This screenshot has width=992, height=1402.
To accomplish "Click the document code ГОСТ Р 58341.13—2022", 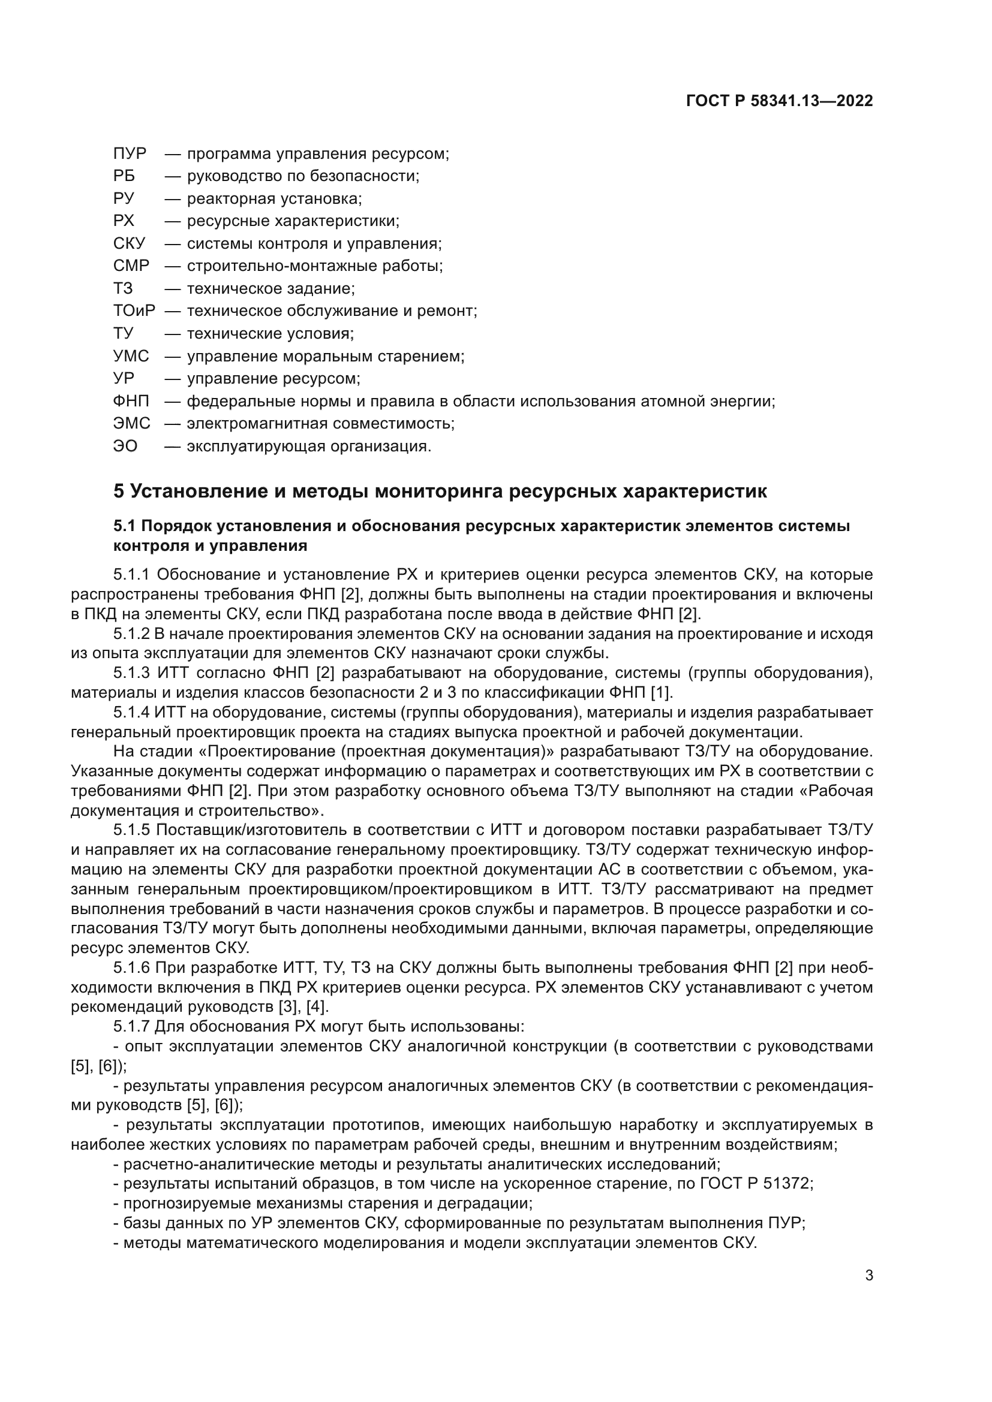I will tap(780, 101).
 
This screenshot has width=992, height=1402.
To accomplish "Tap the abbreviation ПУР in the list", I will tap(130, 153).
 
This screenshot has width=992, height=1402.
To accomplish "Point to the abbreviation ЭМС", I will tap(131, 424).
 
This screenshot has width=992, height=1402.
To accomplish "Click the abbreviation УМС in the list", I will tap(131, 356).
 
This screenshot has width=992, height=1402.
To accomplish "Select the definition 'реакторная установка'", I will tap(274, 198).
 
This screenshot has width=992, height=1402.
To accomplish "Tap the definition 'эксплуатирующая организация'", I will tap(308, 447).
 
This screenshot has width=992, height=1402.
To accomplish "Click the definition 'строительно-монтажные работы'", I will tap(315, 266).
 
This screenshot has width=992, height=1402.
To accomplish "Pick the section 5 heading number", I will tap(119, 492).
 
